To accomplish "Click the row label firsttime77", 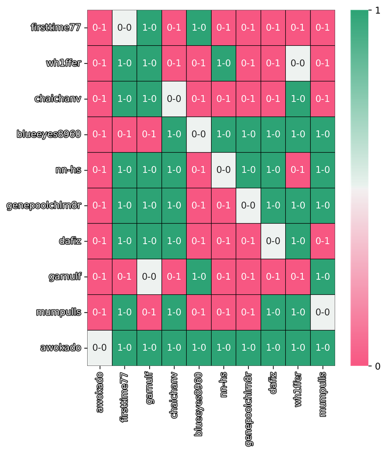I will click(x=55, y=28).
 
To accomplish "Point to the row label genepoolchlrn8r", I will click(x=44, y=205).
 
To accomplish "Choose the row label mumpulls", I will click(x=58, y=312).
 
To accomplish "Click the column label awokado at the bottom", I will click(x=100, y=393).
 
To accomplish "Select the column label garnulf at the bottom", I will click(x=149, y=390).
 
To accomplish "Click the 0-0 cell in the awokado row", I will click(x=99, y=347).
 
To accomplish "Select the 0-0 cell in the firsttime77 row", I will click(x=124, y=28).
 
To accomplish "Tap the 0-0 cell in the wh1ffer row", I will click(x=298, y=63).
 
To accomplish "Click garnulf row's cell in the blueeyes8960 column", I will click(x=199, y=276).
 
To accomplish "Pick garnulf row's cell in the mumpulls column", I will click(x=322, y=276).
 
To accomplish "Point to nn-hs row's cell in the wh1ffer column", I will click(x=298, y=170).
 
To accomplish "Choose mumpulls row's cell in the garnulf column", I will click(x=149, y=312).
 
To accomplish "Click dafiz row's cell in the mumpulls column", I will click(x=322, y=241).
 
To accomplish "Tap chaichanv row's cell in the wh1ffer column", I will click(x=298, y=99).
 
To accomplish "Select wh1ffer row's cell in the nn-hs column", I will click(x=223, y=63).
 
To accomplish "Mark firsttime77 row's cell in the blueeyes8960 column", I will click(x=199, y=28).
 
